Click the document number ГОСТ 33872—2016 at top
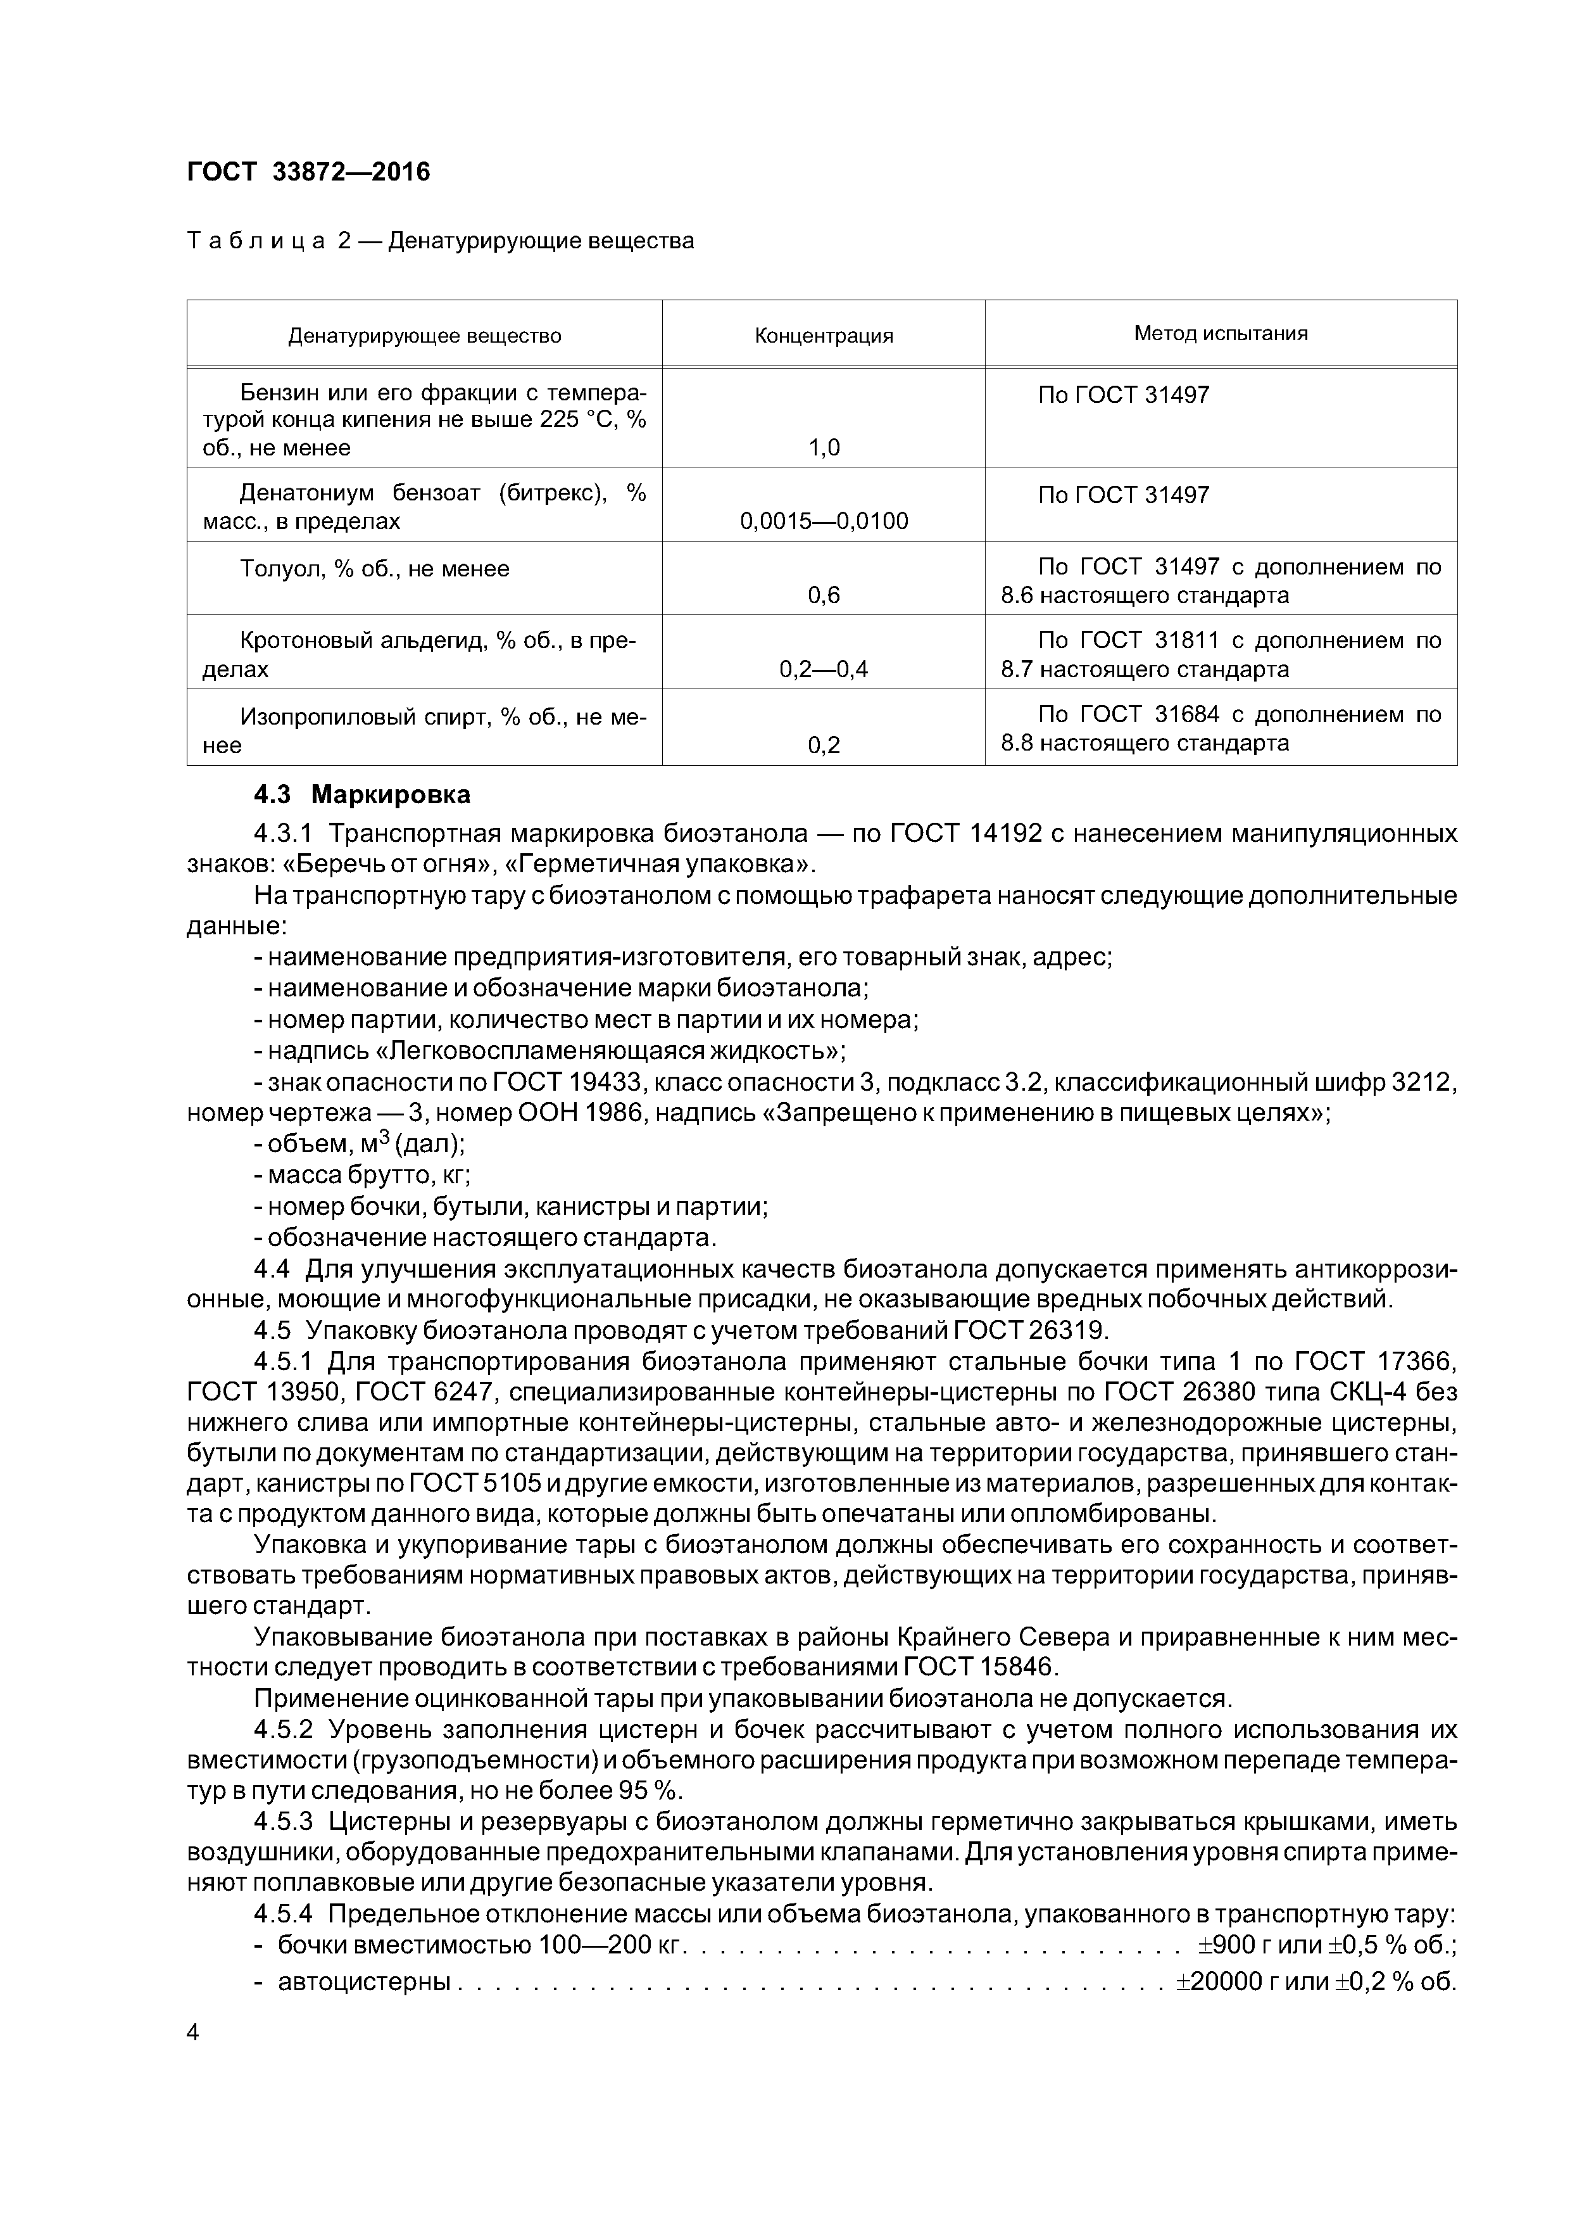pyautogui.click(x=308, y=172)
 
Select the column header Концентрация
pyautogui.click(x=823, y=336)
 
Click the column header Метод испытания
pyautogui.click(x=1221, y=333)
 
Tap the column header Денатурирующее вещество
pyautogui.click(x=425, y=336)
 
